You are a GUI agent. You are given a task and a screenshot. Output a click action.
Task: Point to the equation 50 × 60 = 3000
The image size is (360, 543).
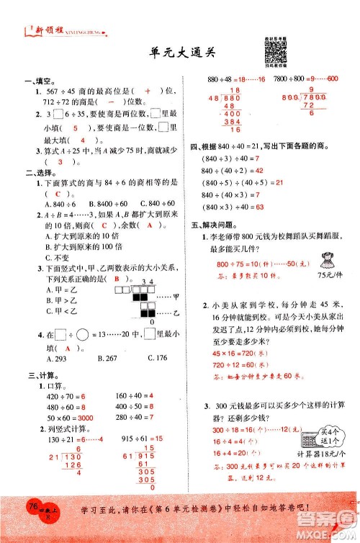coord(70,418)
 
